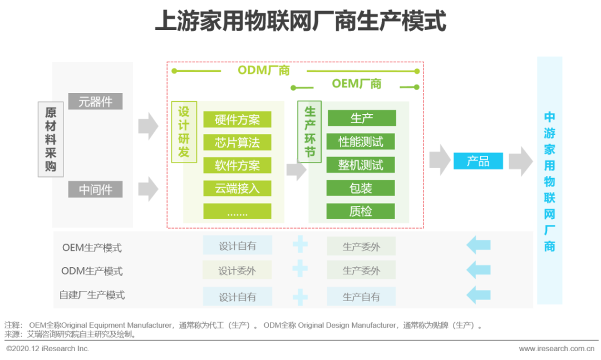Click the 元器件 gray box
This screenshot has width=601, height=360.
pos(96,102)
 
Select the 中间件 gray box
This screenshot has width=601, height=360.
pos(96,189)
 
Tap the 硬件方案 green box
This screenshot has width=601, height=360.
pos(237,120)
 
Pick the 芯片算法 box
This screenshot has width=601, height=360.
pos(237,142)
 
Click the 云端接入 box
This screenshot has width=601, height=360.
pos(237,188)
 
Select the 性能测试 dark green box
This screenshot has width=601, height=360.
pos(361,141)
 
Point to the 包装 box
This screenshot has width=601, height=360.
pos(361,188)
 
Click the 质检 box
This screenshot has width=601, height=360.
pos(361,211)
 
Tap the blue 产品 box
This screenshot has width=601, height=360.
pos(478,161)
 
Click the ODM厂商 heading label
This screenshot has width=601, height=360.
pos(264,71)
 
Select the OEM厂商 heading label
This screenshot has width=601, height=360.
pos(357,83)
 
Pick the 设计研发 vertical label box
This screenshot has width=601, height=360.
pos(184,132)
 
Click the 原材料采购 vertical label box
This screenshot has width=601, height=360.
pos(51,139)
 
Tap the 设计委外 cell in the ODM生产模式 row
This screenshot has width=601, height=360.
pos(237,270)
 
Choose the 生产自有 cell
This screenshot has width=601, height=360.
pos(361,297)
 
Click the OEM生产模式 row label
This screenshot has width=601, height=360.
pos(92,248)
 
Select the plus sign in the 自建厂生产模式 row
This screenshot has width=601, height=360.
pos(300,297)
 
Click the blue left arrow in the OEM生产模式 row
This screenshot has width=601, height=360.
pos(479,245)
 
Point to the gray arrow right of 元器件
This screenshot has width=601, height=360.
pos(149,126)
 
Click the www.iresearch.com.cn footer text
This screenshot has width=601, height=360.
pos(556,348)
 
